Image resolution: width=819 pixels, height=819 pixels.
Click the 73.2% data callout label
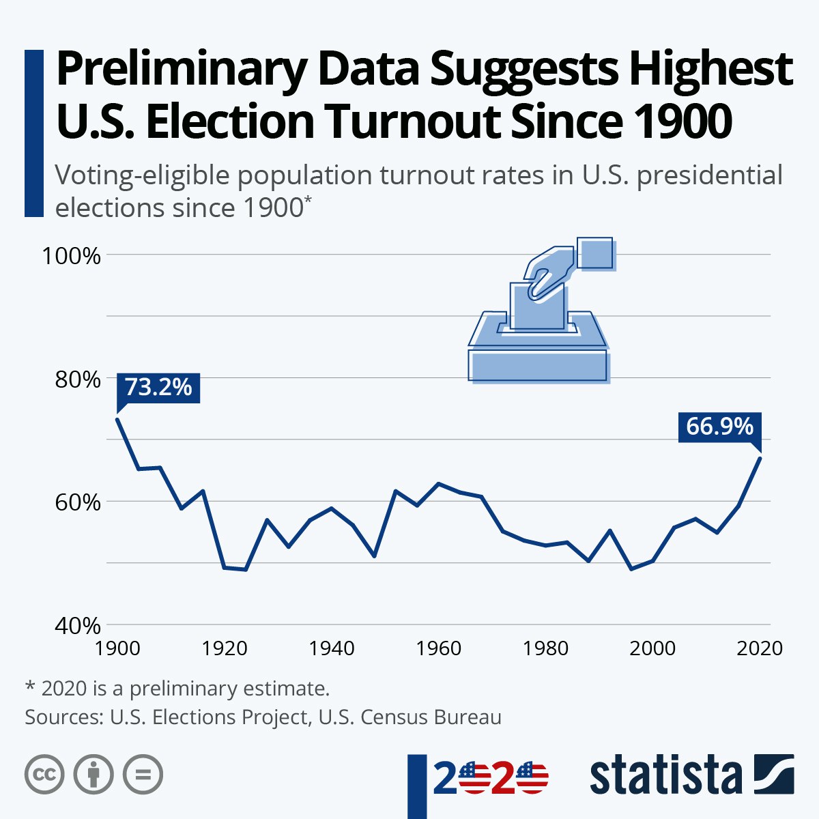tap(158, 388)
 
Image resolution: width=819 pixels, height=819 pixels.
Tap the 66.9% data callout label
tap(719, 427)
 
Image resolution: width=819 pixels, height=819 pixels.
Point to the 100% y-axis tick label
tap(72, 257)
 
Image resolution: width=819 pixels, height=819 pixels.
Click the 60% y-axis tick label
tap(77, 502)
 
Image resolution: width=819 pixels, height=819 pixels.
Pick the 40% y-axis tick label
tap(77, 625)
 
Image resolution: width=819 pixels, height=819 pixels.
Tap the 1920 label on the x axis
tap(224, 647)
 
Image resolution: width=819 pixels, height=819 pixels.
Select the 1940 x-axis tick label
tap(331, 647)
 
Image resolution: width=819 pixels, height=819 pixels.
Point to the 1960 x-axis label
tap(438, 647)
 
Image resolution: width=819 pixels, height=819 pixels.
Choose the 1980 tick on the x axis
tap(545, 647)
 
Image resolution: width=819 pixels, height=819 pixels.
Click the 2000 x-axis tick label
tap(652, 647)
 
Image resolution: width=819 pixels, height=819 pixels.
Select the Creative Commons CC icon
tap(44, 775)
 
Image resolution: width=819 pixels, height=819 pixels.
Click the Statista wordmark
tap(666, 776)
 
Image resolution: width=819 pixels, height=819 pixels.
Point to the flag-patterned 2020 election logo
tap(490, 779)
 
